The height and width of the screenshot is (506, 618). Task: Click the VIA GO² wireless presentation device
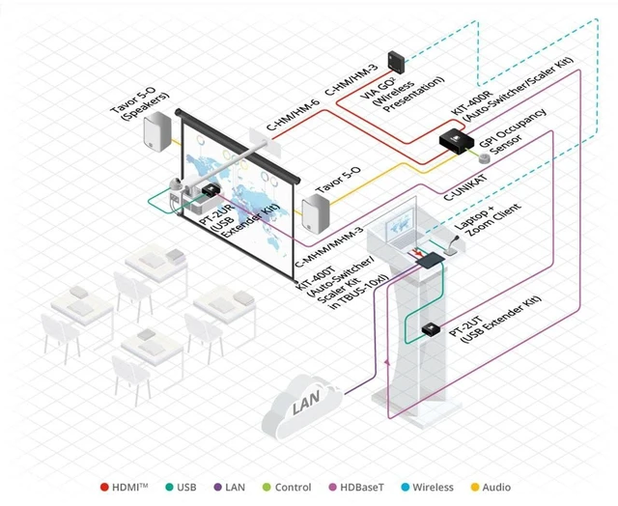click(396, 62)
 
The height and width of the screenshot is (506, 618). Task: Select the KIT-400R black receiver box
click(457, 141)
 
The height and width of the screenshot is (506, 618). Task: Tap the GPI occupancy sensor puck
click(484, 158)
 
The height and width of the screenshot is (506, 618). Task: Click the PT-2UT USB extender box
click(430, 328)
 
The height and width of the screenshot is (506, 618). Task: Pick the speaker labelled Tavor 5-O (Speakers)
click(156, 131)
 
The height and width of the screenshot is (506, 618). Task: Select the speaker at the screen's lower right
click(316, 213)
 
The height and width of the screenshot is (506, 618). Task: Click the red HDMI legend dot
click(104, 487)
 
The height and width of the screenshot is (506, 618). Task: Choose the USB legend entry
click(182, 487)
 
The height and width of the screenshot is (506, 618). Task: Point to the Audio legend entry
click(492, 487)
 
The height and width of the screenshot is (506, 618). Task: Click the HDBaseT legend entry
click(356, 487)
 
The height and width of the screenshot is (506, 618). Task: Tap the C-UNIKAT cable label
click(465, 187)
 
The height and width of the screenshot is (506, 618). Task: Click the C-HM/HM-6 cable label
click(293, 115)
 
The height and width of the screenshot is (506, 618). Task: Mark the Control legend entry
click(287, 487)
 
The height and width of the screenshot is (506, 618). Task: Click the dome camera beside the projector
click(176, 183)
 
